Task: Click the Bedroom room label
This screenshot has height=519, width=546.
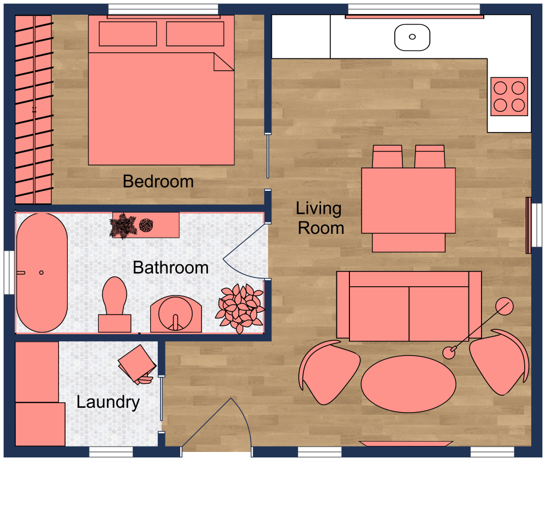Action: (x=158, y=181)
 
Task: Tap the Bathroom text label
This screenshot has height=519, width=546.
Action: (x=170, y=268)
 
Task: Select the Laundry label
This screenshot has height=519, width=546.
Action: (x=108, y=402)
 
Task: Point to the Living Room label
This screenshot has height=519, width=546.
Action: (x=320, y=218)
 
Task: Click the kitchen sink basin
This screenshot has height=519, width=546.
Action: (x=412, y=37)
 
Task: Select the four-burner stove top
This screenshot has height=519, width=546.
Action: (x=509, y=96)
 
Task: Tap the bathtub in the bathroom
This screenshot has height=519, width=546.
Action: (x=41, y=273)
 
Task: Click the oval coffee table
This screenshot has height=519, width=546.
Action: (x=408, y=384)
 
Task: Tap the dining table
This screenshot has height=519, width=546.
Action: (x=408, y=200)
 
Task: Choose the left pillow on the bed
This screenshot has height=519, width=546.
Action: (x=128, y=34)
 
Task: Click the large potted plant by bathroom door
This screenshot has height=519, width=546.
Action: (x=240, y=306)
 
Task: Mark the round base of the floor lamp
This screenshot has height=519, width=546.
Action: (x=504, y=307)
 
